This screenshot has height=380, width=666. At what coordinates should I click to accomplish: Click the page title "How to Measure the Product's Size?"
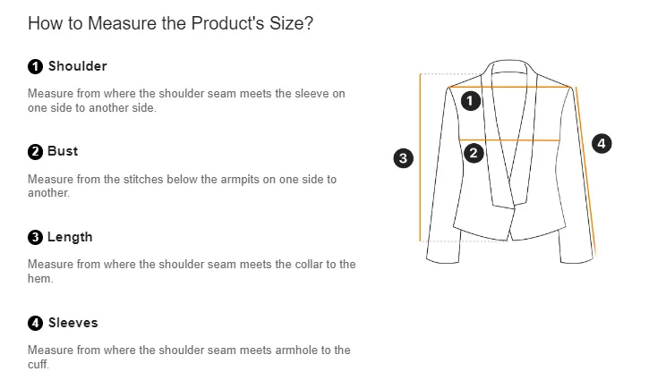pos(170,23)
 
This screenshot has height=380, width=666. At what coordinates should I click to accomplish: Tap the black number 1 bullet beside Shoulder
pos(35,66)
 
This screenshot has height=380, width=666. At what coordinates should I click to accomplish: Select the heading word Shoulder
pos(77,66)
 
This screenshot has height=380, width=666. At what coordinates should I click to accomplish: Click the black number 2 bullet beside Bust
pos(35,152)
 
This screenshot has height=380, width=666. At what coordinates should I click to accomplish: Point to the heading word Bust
pos(63,151)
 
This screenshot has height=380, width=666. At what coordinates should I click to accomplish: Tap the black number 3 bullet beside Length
pos(35,238)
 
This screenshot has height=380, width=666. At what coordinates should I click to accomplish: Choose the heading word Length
pos(70,237)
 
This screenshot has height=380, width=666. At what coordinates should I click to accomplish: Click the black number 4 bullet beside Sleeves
pos(35,323)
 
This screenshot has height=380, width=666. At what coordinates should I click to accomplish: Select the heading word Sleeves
pos(73,323)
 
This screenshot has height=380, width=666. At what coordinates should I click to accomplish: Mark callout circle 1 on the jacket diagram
pos(471,101)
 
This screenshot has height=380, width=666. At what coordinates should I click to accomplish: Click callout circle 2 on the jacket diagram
pos(474,153)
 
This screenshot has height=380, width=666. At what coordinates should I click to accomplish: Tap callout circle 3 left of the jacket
pos(404,158)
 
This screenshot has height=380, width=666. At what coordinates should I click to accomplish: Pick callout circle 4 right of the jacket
pos(602,143)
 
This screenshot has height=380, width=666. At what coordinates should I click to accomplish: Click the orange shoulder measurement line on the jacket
pos(509,87)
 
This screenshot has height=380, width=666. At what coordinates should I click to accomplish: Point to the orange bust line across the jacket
pos(509,139)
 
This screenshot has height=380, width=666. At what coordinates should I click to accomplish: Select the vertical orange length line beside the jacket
pos(420,157)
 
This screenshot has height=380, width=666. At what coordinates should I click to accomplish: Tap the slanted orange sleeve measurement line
pos(585,172)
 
